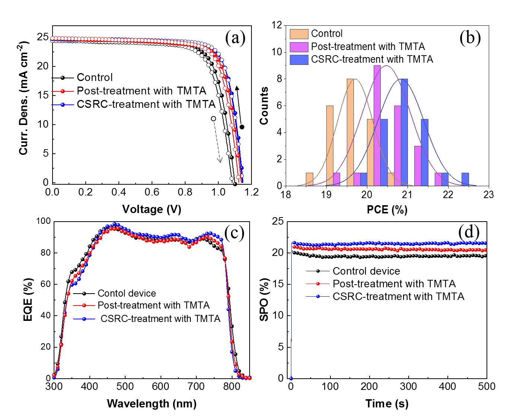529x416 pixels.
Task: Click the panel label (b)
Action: point(470,38)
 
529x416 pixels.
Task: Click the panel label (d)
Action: point(469,232)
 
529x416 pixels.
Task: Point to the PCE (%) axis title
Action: point(387,210)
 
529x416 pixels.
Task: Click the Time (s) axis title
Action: point(387,403)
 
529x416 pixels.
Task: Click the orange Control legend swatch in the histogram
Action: point(299,34)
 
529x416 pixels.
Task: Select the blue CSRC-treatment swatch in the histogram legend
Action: point(299,60)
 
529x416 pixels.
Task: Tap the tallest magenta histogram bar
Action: point(377,125)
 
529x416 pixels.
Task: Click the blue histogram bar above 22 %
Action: point(465,179)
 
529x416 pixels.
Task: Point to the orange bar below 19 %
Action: point(309,179)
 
